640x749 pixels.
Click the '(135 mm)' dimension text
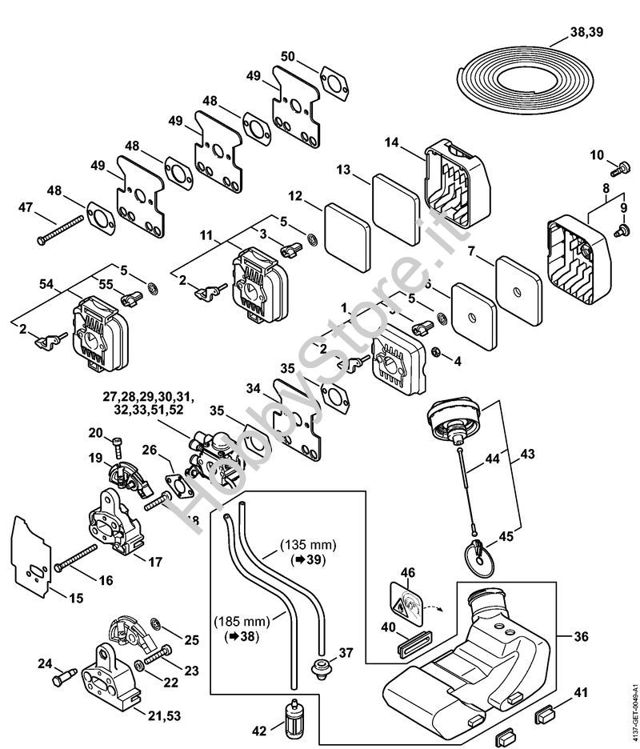308,545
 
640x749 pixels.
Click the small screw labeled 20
118,440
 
